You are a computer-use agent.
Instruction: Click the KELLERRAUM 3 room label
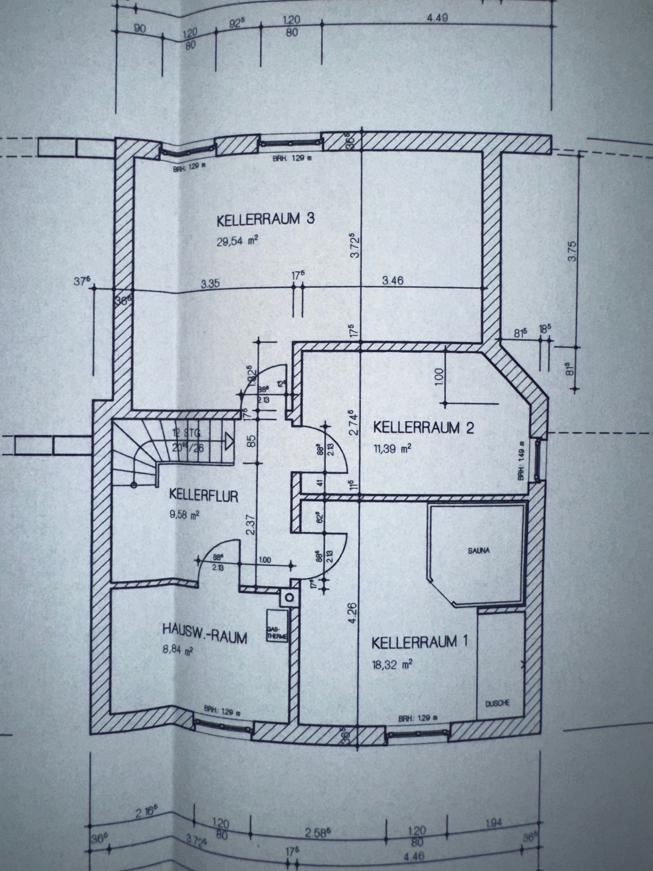tap(266, 219)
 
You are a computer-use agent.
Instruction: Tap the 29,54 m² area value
tap(238, 241)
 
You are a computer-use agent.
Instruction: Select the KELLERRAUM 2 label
tap(423, 428)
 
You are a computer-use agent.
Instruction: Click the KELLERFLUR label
tap(203, 495)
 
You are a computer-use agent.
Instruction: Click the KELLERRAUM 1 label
tap(420, 642)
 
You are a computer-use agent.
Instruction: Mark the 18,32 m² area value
tap(392, 665)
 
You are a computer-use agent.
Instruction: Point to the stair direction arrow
tap(228, 441)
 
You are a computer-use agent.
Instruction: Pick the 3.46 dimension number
tap(392, 281)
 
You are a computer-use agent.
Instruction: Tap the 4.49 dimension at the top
tap(437, 18)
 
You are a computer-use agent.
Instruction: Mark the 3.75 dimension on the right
tap(572, 251)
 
